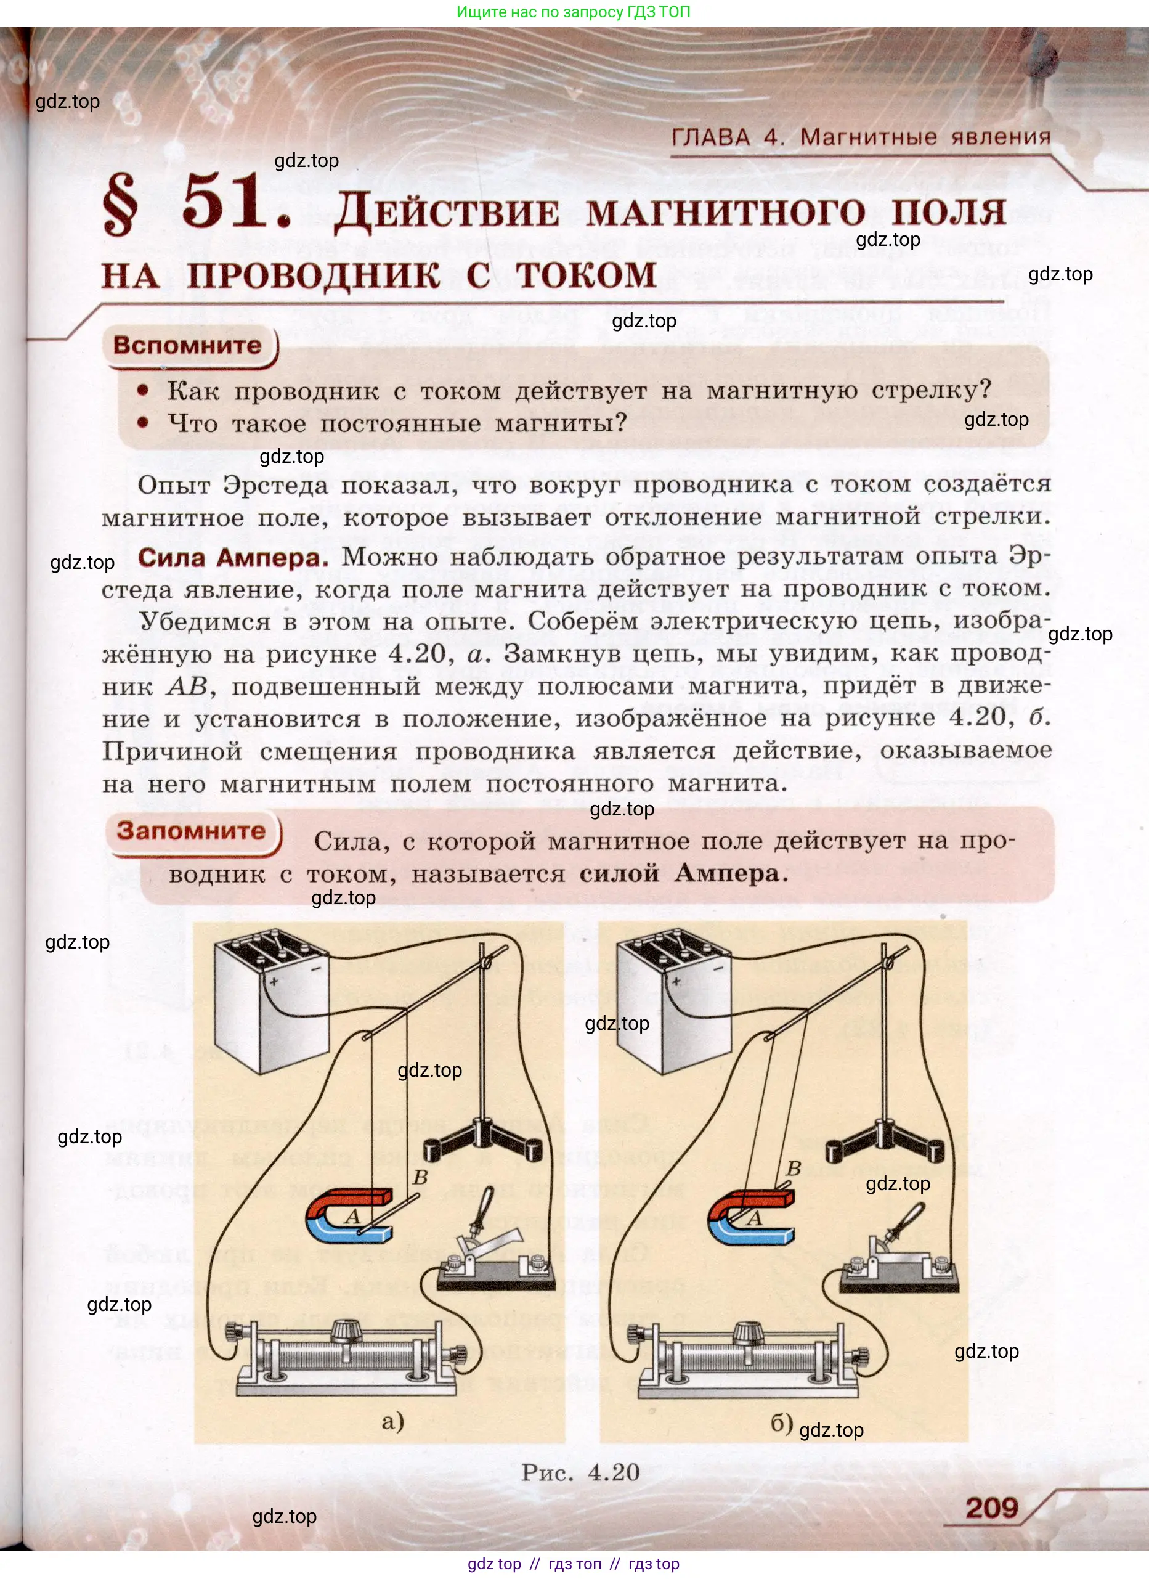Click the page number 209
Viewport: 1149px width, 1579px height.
click(x=991, y=1508)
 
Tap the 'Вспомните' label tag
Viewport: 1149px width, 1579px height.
click(x=187, y=345)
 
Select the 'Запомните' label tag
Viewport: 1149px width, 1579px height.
click(x=191, y=831)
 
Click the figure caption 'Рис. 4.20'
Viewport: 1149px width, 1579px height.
click(x=580, y=1472)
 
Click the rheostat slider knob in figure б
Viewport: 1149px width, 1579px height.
click(x=748, y=1332)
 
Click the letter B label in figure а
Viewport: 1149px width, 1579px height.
click(x=420, y=1177)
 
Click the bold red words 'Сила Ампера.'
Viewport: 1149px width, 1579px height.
click(x=232, y=557)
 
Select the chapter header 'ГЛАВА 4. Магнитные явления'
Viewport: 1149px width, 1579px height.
click(x=861, y=137)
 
